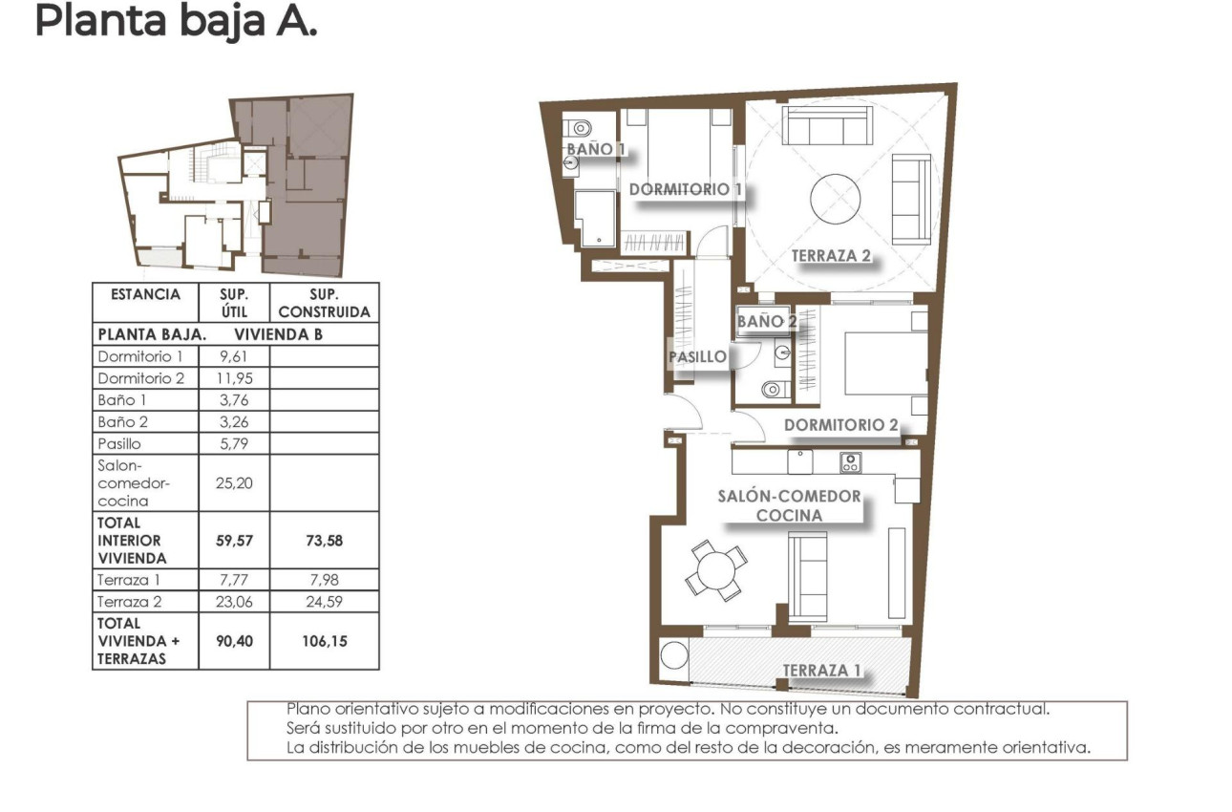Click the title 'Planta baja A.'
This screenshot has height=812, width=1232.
click(175, 21)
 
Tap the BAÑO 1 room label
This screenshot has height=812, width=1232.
click(596, 149)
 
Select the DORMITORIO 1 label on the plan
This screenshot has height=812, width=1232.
click(685, 189)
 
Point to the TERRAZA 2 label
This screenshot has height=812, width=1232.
click(831, 255)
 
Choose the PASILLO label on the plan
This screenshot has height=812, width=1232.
click(696, 357)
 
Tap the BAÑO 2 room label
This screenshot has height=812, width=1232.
click(766, 322)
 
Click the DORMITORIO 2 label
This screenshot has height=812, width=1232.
click(840, 425)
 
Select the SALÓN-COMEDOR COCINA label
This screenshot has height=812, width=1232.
click(790, 505)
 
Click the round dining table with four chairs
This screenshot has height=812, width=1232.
click(716, 571)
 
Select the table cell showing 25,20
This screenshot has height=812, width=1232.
click(234, 482)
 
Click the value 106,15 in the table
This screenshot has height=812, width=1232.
click(324, 641)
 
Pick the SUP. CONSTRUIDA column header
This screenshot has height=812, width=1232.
click(324, 303)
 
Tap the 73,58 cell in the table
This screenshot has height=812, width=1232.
click(324, 541)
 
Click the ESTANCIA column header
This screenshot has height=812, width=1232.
click(145, 295)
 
